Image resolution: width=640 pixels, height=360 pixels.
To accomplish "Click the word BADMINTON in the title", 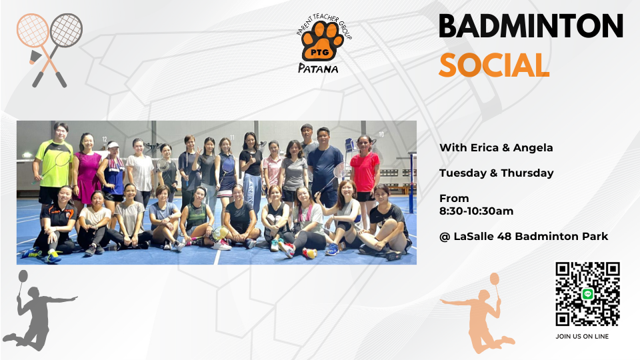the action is coord(531,27).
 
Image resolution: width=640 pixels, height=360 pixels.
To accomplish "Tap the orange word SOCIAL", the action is coord(494,65).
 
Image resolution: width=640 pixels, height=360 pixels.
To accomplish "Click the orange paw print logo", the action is coord(323,41).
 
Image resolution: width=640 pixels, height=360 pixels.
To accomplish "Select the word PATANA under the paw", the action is coord(318,68).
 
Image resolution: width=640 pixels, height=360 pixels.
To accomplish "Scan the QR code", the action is coord(587,294).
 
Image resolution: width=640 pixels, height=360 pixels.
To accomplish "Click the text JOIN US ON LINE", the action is coord(582,336).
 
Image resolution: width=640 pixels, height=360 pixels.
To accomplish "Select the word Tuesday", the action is coord(463,173).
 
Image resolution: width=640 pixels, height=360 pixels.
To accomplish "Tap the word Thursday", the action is coord(527,173).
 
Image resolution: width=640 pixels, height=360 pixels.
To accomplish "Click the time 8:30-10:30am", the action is coord(476,211).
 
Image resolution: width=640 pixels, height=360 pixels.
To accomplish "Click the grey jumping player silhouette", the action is coord(39,312).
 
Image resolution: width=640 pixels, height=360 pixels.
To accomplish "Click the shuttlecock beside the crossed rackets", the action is coord(35,57).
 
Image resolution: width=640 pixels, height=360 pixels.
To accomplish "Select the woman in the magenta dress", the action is coord(87,169).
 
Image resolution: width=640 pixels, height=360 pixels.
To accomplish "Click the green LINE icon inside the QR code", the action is coord(588,294).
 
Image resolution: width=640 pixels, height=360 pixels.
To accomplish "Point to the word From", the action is coord(454,199).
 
